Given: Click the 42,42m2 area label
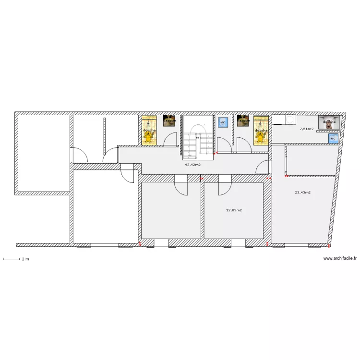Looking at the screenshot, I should (x=192, y=164).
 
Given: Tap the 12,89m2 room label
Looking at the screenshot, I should (x=234, y=210).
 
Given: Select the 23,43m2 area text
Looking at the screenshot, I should (x=302, y=192).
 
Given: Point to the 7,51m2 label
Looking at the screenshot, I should (x=306, y=129).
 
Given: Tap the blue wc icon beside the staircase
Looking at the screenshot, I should (x=222, y=122).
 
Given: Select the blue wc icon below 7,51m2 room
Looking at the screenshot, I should (x=333, y=139).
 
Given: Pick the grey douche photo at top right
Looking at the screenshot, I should (x=329, y=122).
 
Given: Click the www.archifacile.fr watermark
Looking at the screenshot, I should (x=340, y=258).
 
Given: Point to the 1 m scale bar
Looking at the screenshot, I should (x=12, y=259).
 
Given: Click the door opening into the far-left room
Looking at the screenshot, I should (x=79, y=155).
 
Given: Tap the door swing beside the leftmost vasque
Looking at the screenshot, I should (x=170, y=139).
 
